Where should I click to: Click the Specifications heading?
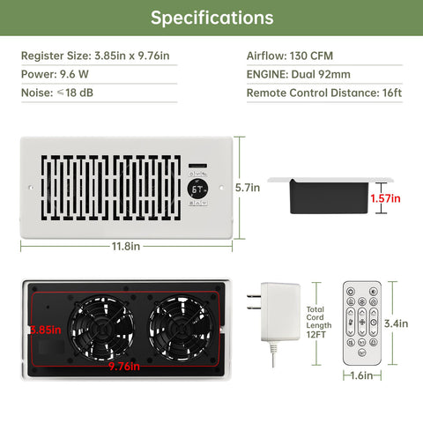[x=211, y=18]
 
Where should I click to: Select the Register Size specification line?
[x=95, y=56]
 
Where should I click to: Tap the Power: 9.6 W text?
[x=55, y=74]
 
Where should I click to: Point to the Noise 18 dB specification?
[x=57, y=93]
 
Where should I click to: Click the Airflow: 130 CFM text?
[x=290, y=56]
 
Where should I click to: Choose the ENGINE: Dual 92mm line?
[x=299, y=74]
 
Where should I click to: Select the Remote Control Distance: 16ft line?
[x=324, y=93]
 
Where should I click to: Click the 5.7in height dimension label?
[x=248, y=188]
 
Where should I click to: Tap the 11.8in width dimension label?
[x=126, y=246]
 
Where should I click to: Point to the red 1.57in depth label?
[x=385, y=198]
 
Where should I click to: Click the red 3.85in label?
[x=46, y=330]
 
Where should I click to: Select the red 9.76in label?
[x=124, y=367]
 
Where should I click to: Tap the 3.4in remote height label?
[x=396, y=323]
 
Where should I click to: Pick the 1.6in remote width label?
[x=362, y=375]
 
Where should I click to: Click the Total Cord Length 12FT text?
[x=319, y=322]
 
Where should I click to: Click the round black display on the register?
[x=197, y=189]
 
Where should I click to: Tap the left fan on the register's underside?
[x=101, y=328]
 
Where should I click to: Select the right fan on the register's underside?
[x=181, y=328]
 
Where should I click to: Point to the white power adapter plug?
[x=274, y=312]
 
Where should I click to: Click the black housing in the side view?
[x=329, y=197]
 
